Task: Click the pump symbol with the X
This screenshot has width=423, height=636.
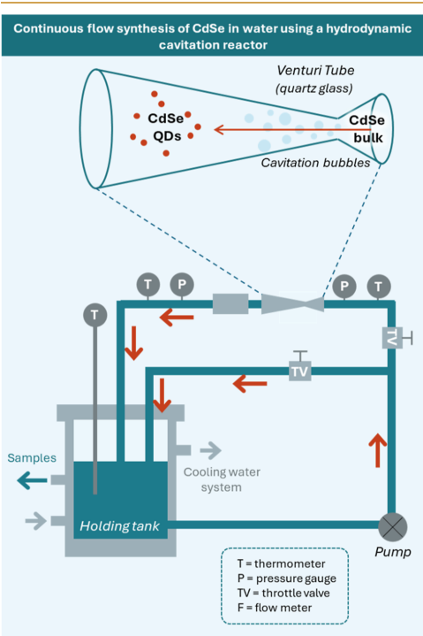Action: pos(392,527)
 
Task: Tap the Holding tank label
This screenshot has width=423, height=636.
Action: pos(119,526)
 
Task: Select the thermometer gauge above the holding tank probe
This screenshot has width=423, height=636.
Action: pos(94,315)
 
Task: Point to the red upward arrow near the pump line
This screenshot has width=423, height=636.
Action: pos(378,450)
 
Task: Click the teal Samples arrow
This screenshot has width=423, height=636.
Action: pos(32,480)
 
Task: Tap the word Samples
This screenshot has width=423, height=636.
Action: pos(32,458)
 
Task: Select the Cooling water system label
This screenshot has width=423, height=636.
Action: pos(222,479)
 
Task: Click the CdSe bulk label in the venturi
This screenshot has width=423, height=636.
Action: pos(367,129)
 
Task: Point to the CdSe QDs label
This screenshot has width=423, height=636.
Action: pos(166,127)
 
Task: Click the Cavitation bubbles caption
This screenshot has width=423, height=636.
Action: pos(315,163)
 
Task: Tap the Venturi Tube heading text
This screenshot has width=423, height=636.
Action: pos(315,70)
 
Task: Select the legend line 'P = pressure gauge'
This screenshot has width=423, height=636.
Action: pos(287,578)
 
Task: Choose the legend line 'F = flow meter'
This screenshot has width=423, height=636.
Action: pos(275,607)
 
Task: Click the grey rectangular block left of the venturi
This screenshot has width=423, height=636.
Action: pos(230,303)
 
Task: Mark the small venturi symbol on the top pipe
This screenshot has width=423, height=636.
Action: pos(292,303)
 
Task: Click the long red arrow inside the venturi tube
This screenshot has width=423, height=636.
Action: pos(292,130)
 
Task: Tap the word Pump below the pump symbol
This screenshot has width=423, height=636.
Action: pos(393,552)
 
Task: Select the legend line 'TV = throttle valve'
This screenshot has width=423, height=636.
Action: pos(283,593)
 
